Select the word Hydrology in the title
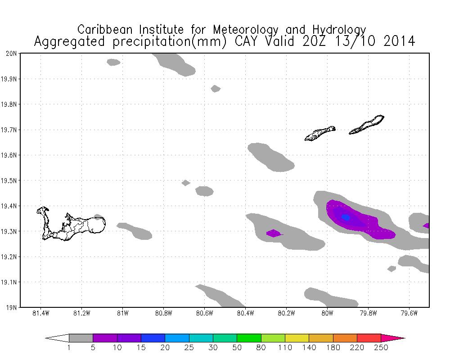(338, 30)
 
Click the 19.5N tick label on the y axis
(9, 181)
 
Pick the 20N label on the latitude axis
(12, 54)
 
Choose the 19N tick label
(12, 308)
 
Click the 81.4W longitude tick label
(41, 313)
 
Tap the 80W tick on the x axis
(327, 313)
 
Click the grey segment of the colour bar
(81, 338)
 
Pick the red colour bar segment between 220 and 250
(369, 338)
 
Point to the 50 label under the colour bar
(237, 347)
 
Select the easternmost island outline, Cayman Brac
(367, 125)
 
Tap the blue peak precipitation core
(346, 217)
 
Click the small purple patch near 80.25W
(273, 233)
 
